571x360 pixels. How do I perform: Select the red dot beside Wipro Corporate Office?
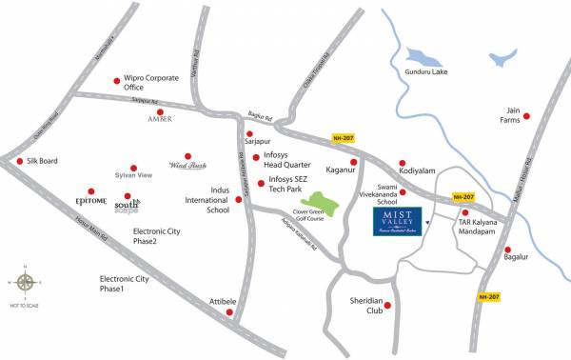pos(116,81)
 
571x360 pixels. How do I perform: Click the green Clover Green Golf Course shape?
pos(322,202)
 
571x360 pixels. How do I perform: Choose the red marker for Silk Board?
pos(20,161)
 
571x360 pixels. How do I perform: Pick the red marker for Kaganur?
pos(353,162)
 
